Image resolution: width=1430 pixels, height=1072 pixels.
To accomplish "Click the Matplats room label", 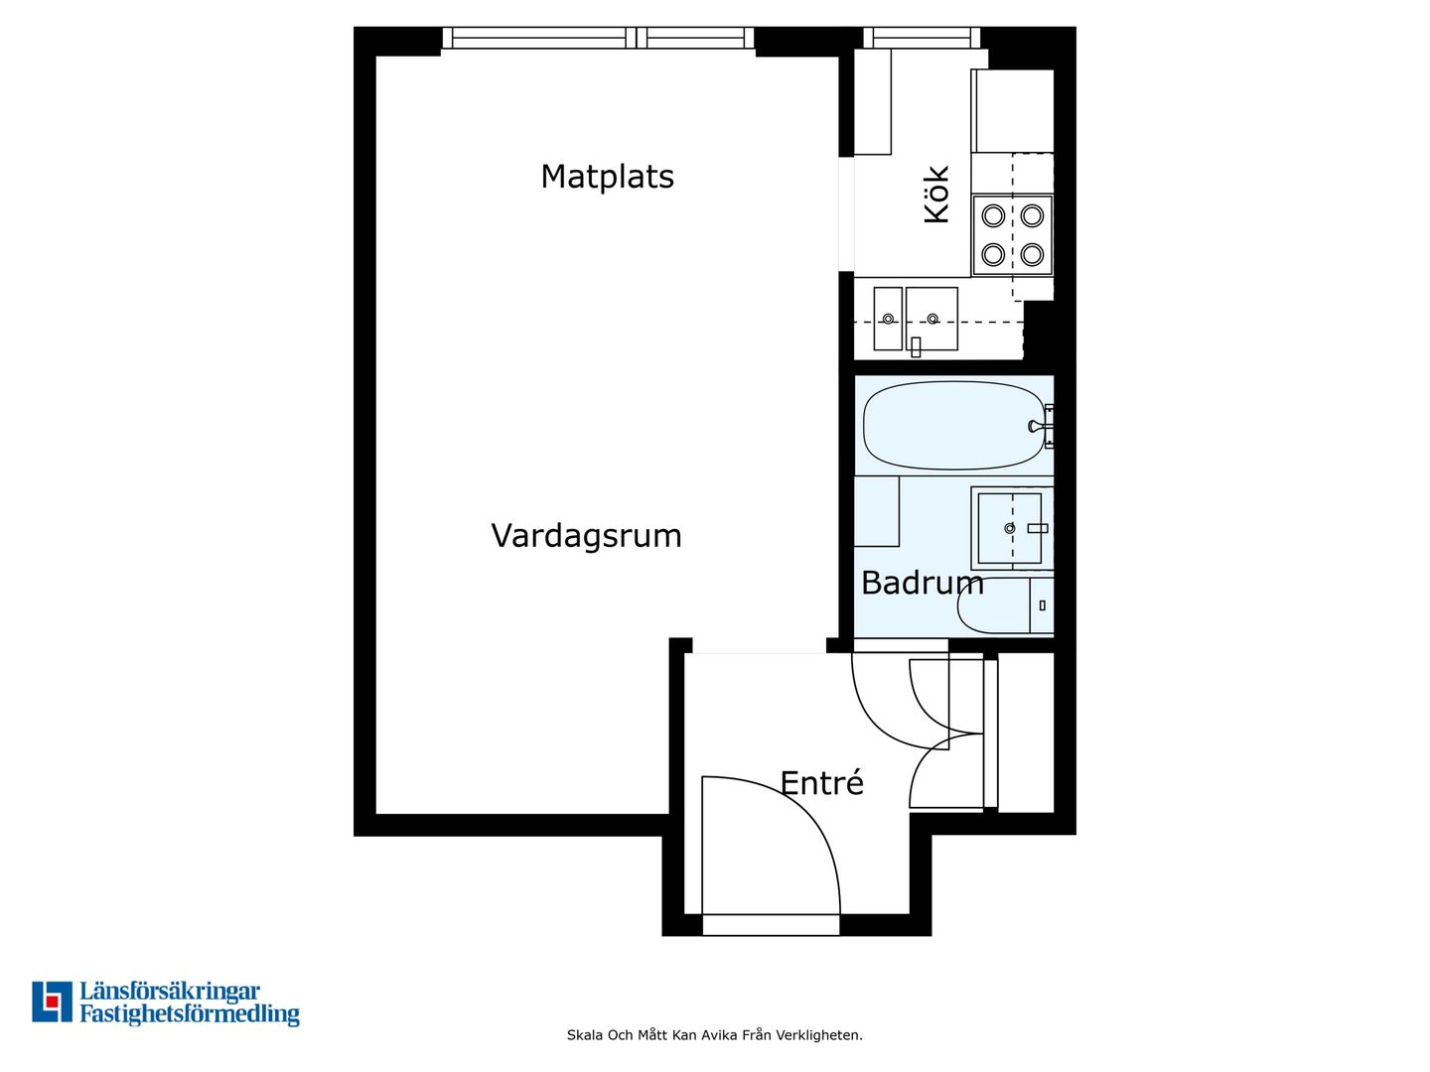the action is tap(607, 177).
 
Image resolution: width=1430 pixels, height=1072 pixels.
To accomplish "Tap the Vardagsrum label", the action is tap(586, 537).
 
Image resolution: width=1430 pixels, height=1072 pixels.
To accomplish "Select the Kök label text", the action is tap(936, 194).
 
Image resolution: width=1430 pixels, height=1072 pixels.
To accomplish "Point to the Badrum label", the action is tap(922, 584).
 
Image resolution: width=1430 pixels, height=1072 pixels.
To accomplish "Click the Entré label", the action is tap(821, 782).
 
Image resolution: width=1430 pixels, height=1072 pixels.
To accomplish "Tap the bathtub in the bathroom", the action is tap(953, 426).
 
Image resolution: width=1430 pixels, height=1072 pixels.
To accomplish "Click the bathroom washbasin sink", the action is tap(1009, 528).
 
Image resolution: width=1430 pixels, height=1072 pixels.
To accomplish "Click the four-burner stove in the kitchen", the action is tap(1012, 235).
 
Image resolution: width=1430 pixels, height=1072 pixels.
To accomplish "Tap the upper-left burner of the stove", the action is tap(993, 215).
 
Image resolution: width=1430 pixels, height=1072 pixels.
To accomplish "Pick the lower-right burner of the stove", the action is tap(1032, 254).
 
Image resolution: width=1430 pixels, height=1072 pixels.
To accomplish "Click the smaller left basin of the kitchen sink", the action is tap(888, 319).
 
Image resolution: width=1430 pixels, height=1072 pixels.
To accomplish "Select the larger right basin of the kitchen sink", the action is tap(931, 319).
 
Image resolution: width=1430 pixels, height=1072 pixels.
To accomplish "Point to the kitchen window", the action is tap(922, 38).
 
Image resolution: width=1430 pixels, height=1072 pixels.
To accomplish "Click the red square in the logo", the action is tap(52, 1002).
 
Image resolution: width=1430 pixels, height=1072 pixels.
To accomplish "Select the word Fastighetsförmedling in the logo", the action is tap(190, 1015).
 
